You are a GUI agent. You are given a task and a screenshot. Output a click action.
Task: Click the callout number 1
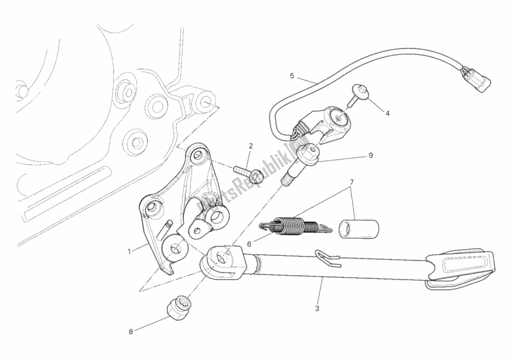point(129,251)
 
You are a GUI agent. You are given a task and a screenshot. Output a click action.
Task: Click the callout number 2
point(251,146)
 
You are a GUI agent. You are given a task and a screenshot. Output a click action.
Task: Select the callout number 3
point(317,309)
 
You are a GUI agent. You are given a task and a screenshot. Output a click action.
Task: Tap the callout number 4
point(386,113)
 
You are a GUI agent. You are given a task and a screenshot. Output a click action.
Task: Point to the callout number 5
point(292,76)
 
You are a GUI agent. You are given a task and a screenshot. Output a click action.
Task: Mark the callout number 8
point(132,331)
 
